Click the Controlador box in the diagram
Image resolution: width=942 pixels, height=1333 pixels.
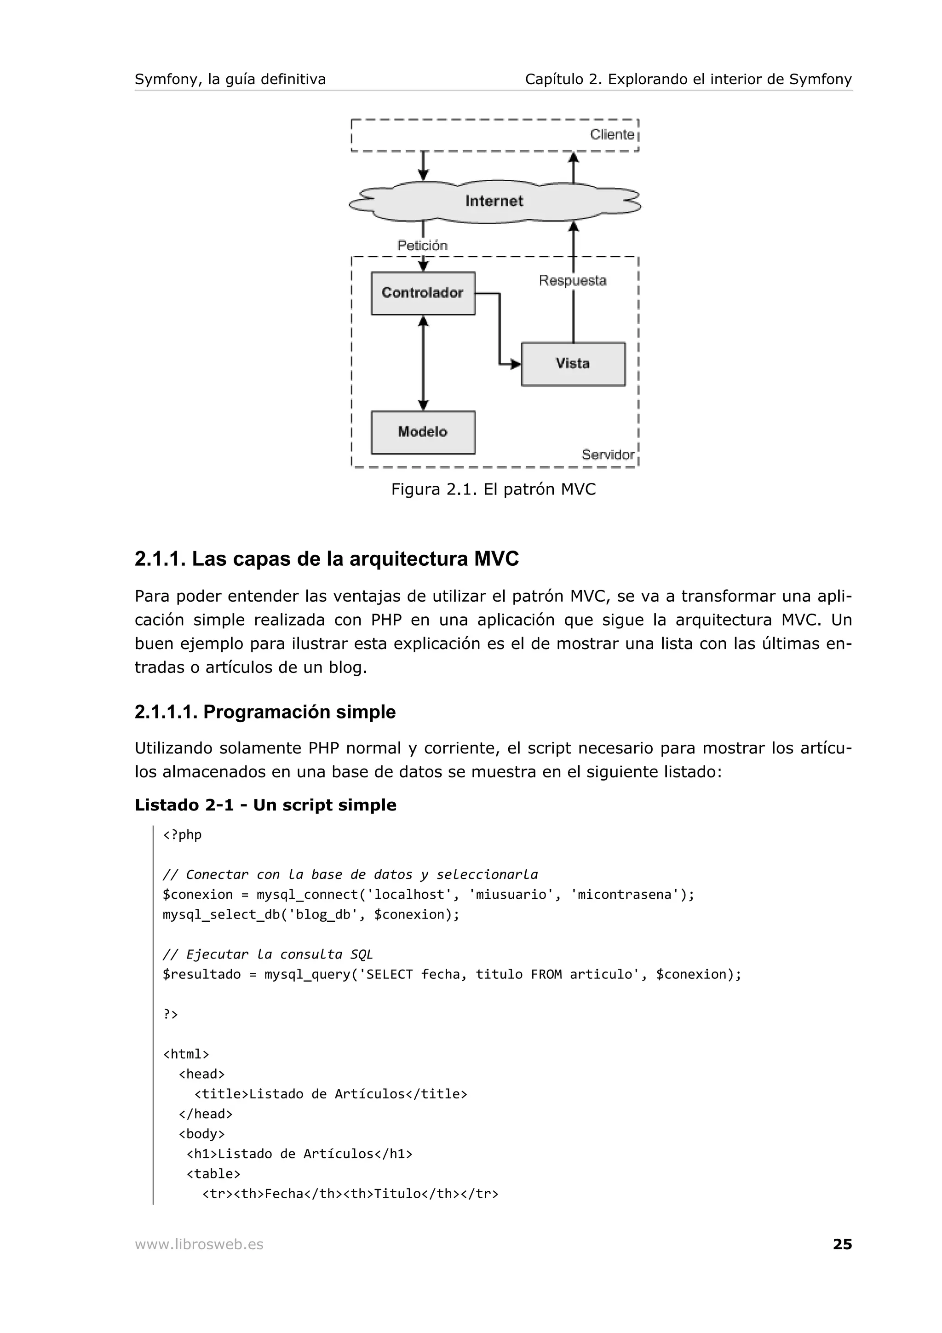pyautogui.click(x=423, y=293)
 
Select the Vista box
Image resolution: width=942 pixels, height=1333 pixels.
pyautogui.click(x=573, y=364)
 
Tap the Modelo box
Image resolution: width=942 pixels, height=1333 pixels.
pyautogui.click(x=423, y=432)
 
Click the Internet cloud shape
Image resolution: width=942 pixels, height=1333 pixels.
pyautogui.click(x=494, y=201)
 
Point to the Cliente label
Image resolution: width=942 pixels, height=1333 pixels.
pyautogui.click(x=612, y=135)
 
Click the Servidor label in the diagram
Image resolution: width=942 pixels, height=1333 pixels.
pyautogui.click(x=608, y=454)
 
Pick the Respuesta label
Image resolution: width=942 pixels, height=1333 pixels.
pyautogui.click(x=572, y=281)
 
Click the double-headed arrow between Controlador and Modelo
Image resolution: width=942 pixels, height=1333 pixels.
pyautogui.click(x=424, y=363)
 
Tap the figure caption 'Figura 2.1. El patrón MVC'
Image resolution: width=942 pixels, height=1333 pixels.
pyautogui.click(x=494, y=489)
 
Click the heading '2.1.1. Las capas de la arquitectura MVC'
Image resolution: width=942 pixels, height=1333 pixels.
pyautogui.click(x=326, y=559)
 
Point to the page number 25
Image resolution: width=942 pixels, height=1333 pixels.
pyautogui.click(x=842, y=1244)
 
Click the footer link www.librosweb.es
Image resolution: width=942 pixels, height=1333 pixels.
pyautogui.click(x=199, y=1244)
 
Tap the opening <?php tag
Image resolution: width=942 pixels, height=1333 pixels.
pyautogui.click(x=182, y=835)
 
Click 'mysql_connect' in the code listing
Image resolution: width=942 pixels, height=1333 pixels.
pyautogui.click(x=308, y=895)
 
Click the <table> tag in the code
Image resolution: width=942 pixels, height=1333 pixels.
pyautogui.click(x=213, y=1174)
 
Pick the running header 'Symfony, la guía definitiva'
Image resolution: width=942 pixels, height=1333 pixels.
pyautogui.click(x=230, y=80)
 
